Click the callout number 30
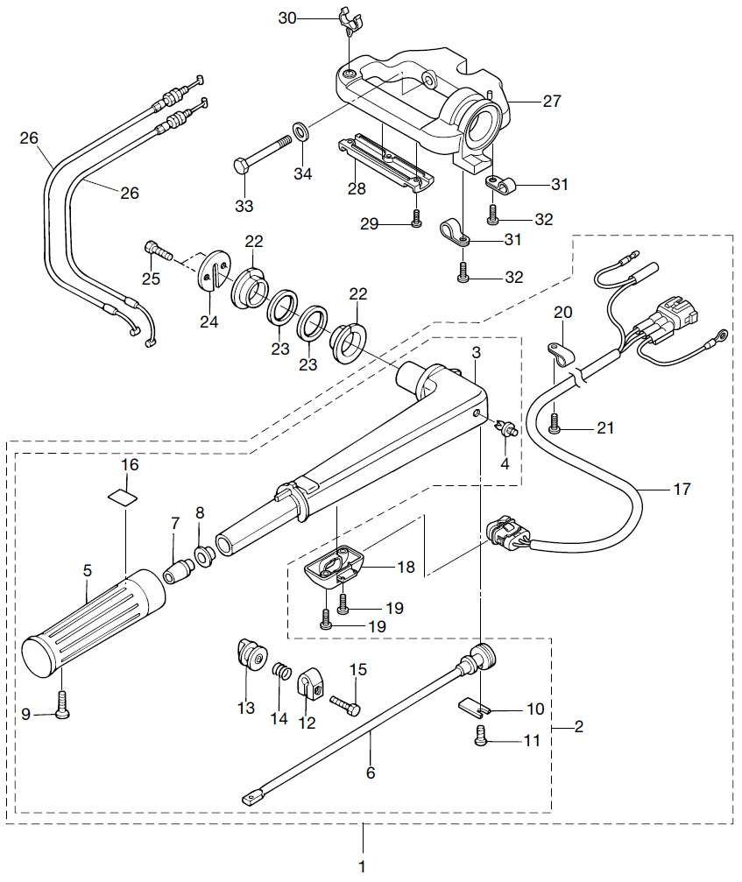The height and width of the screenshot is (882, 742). pos(286,18)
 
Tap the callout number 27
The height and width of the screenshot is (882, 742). pos(552,102)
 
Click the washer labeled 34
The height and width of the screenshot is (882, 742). pos(301,131)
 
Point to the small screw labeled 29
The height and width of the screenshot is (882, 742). pos(416,218)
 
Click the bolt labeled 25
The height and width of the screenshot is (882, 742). pos(158,250)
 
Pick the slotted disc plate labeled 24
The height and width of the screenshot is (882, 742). pos(215,272)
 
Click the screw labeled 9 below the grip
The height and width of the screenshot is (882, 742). pos(63,704)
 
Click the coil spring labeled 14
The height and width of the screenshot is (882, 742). pos(282,671)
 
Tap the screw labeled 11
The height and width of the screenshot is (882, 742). pos(481,736)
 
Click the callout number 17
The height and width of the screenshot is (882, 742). pos(682,490)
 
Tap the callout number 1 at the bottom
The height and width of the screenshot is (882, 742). pos(363,866)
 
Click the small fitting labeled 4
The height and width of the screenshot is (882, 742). pos(507,429)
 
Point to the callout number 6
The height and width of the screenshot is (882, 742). pos(371,773)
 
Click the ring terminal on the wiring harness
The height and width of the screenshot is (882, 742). pos(719,336)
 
